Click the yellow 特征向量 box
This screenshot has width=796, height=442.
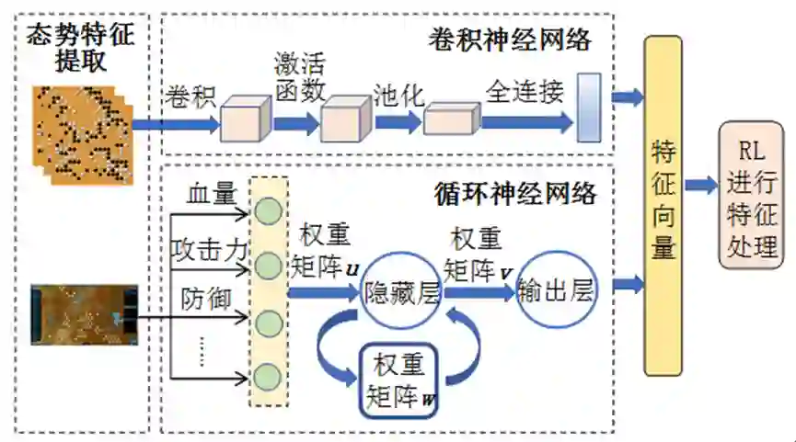(663, 205)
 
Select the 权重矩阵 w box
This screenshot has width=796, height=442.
(399, 380)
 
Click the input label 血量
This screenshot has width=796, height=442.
(213, 195)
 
